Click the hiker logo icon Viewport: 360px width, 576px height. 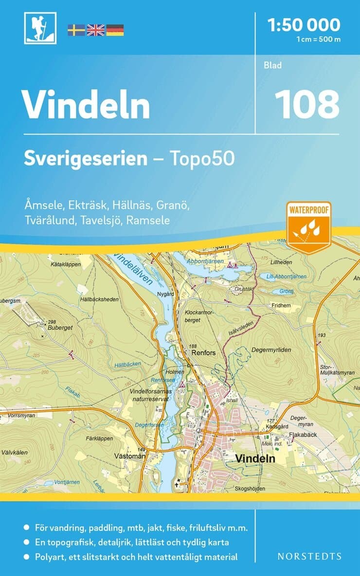click(40, 28)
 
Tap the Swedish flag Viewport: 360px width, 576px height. click(76, 30)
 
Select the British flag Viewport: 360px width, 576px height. click(95, 30)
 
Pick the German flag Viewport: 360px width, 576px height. click(115, 30)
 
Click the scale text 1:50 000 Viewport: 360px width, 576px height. click(305, 24)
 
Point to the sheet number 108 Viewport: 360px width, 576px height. click(306, 104)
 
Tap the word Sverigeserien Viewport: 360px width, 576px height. click(86, 159)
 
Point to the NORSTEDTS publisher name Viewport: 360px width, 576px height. click(309, 556)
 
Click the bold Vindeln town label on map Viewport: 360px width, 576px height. click(255, 458)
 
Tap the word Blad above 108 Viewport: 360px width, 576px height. click(273, 65)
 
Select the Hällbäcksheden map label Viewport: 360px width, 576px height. click(99, 299)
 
